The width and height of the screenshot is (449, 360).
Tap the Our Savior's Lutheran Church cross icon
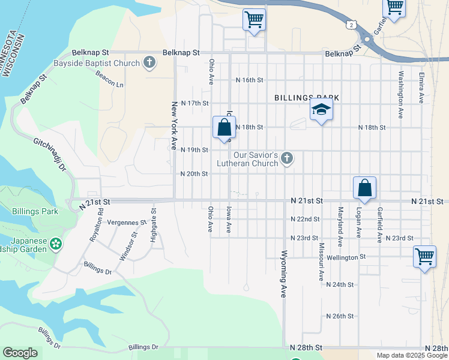287,158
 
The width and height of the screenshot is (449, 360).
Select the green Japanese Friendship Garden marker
56,244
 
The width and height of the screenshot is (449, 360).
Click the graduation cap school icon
321,110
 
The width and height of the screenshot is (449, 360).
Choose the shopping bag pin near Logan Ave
364,188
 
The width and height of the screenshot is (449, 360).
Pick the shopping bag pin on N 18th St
224,127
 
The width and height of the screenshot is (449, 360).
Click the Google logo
20,353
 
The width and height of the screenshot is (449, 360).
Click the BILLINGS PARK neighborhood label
307,97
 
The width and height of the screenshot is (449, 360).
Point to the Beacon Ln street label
109,79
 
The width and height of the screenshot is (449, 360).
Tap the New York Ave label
175,121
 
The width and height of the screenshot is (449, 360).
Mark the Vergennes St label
127,222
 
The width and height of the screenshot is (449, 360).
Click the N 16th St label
250,80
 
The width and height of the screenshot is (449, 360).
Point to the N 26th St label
340,316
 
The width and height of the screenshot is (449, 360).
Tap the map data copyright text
412,355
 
